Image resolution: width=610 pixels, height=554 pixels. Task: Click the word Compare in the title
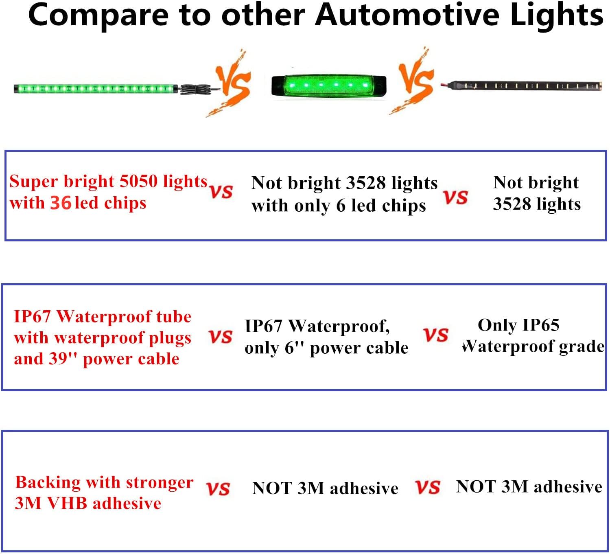(98, 16)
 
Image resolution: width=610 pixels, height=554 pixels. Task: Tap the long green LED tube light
(96, 89)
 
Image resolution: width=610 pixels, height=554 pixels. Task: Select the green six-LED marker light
(329, 85)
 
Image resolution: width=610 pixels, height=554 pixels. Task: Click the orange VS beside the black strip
(413, 81)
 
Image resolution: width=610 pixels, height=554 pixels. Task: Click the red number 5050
(138, 181)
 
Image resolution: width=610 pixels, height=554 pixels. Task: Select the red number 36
(61, 203)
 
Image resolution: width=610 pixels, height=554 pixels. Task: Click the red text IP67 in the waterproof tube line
(32, 317)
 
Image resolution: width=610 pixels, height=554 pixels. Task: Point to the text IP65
(540, 325)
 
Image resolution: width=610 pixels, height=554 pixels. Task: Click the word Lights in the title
(556, 16)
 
